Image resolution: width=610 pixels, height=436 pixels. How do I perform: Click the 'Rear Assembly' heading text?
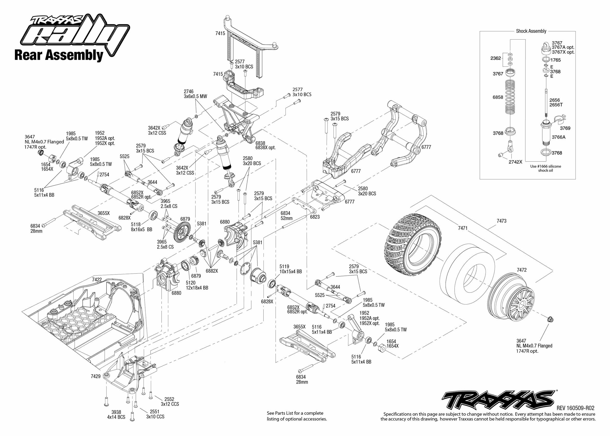point(59,55)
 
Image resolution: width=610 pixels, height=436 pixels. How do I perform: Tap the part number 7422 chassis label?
point(97,279)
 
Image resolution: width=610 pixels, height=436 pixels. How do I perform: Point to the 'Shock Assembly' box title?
point(531,31)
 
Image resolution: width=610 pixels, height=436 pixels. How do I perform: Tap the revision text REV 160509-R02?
point(575,408)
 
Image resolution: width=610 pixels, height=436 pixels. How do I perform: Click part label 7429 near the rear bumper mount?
point(96,376)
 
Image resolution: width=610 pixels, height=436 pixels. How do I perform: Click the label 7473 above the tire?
point(501,221)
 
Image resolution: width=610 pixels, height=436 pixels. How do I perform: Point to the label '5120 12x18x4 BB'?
point(197,285)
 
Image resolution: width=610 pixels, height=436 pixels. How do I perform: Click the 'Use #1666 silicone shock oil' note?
point(545,168)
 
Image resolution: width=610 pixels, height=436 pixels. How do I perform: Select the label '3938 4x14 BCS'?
point(116,415)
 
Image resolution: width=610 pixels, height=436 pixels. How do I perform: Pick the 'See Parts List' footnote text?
point(297,416)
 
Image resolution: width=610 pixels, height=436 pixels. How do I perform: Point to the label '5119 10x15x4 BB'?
point(291,269)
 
